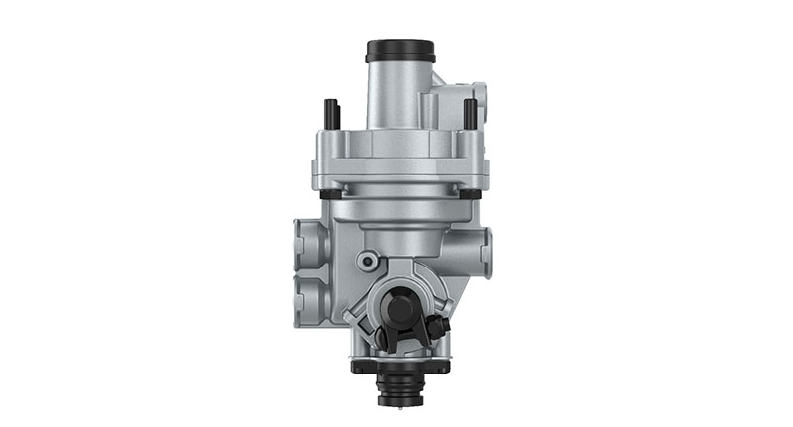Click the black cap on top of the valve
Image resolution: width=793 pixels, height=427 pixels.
(x=399, y=50)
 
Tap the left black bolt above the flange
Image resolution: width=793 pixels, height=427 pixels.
(x=331, y=114)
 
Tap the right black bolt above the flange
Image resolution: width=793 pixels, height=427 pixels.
(x=470, y=113)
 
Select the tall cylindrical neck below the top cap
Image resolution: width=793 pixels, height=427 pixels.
(x=398, y=94)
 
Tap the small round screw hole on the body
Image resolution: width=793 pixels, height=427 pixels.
(x=368, y=261)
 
